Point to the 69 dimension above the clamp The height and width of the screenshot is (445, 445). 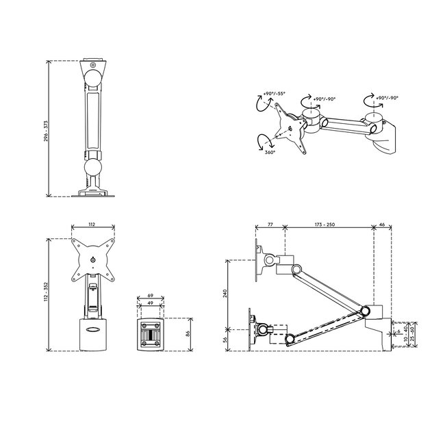[151, 296]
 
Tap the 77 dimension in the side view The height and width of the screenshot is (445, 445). [269, 224]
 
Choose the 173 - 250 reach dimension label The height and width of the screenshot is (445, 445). [329, 224]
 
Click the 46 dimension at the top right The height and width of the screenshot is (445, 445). [381, 224]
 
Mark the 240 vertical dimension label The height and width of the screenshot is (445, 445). [226, 295]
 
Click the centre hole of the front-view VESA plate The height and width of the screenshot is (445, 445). [92, 259]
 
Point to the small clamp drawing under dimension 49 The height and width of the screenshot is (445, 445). [151, 335]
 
